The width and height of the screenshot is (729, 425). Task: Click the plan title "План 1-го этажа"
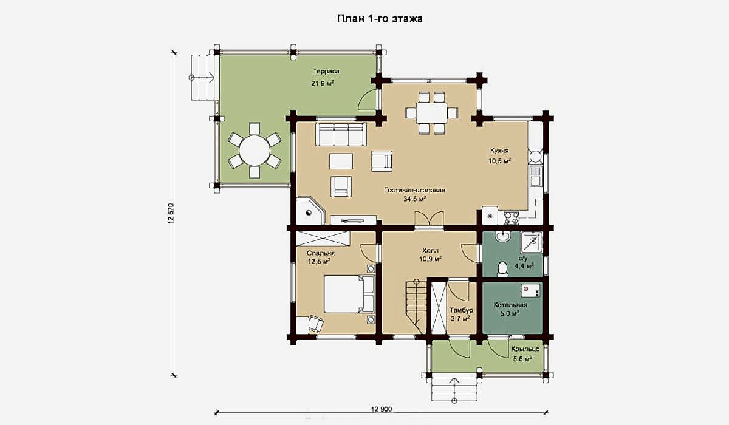click(380, 19)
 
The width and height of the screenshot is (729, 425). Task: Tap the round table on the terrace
click(255, 151)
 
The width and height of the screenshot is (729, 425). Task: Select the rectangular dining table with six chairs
click(432, 112)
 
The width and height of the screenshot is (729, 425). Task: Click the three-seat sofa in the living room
click(341, 134)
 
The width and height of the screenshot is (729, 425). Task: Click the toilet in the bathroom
click(503, 268)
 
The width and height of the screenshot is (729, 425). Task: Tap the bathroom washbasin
click(503, 236)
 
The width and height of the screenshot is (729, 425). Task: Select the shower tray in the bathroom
click(532, 242)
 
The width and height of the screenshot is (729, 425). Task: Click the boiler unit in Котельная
click(530, 290)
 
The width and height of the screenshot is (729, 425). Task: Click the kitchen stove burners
click(512, 218)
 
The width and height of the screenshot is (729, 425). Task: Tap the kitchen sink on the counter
click(535, 175)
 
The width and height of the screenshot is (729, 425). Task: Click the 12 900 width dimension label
click(382, 409)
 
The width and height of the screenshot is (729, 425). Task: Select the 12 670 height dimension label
click(171, 214)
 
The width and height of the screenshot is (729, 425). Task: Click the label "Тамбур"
click(461, 310)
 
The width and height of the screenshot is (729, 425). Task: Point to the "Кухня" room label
click(499, 151)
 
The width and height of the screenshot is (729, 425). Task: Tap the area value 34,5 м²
click(415, 199)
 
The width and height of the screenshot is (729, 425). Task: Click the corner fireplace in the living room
click(310, 211)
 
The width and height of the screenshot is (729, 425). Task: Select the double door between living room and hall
click(430, 219)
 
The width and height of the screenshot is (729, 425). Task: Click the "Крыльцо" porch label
click(525, 349)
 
